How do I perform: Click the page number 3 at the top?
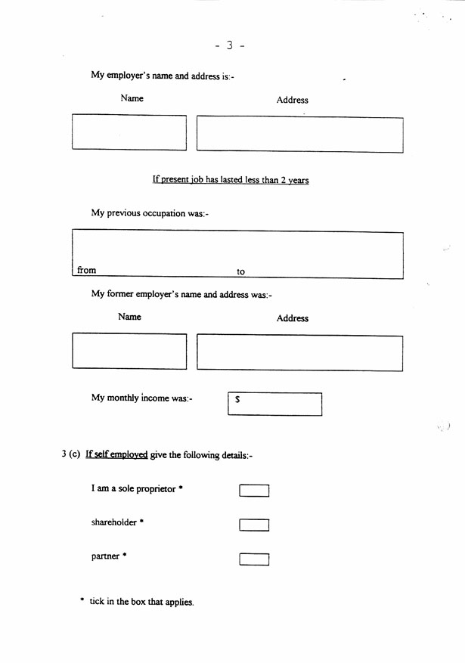click(229, 45)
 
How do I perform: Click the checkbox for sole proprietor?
click(254, 491)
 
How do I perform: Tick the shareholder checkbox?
click(254, 525)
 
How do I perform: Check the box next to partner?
click(254, 559)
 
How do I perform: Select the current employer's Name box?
click(129, 132)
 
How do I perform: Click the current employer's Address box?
click(299, 134)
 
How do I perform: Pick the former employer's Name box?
click(129, 352)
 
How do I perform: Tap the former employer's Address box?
click(299, 352)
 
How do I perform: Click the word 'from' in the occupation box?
click(87, 270)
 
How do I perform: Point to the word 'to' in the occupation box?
click(241, 271)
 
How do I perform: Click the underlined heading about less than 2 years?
click(231, 180)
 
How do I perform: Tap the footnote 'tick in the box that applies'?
click(141, 602)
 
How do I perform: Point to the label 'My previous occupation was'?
click(150, 213)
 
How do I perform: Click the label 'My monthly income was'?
click(142, 398)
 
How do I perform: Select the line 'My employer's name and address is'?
click(163, 76)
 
